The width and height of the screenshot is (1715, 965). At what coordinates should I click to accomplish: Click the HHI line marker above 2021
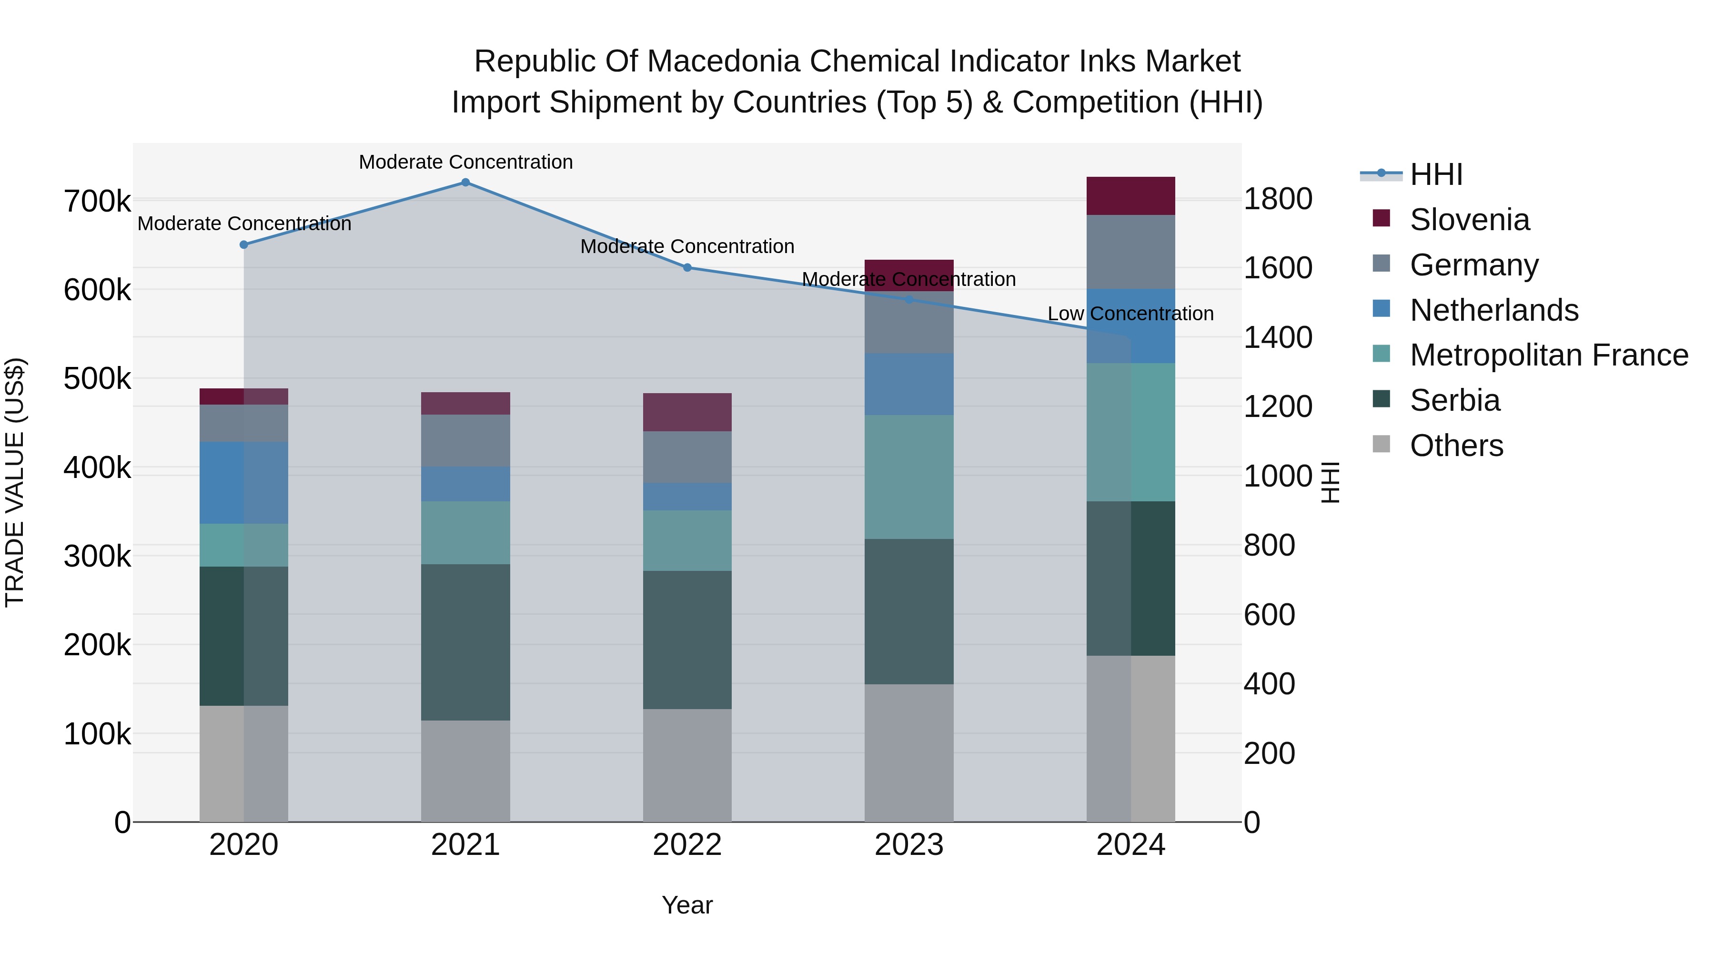pos(465,183)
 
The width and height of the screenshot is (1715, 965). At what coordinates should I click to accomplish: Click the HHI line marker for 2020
pos(243,245)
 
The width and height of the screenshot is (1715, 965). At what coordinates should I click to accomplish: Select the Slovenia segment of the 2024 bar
pos(1130,196)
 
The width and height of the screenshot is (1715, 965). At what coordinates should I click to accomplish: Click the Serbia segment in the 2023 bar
pos(909,611)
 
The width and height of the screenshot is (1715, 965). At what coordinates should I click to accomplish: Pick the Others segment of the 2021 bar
pos(465,771)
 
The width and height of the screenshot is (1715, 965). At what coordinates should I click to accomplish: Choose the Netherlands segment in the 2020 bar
pos(243,483)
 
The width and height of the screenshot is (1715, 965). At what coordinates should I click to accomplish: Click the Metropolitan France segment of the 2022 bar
pos(687,541)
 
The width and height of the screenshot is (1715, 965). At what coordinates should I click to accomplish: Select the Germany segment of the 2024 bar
pos(1130,252)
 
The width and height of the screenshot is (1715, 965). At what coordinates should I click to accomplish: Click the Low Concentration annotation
pos(1130,314)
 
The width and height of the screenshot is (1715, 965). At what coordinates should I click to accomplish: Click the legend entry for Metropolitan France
pos(1549,355)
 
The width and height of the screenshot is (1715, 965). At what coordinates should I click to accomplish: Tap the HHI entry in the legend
pos(1436,174)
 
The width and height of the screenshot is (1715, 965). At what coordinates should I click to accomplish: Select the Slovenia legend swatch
pos(1382,218)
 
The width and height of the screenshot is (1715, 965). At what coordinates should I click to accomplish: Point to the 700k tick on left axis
pos(97,201)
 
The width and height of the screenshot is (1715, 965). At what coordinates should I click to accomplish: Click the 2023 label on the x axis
pos(909,845)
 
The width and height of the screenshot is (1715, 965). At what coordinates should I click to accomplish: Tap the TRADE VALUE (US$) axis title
pos(15,482)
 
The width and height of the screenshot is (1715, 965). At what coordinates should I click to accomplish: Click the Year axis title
pos(687,905)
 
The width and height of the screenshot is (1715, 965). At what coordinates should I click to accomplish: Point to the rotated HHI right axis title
pos(1330,482)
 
